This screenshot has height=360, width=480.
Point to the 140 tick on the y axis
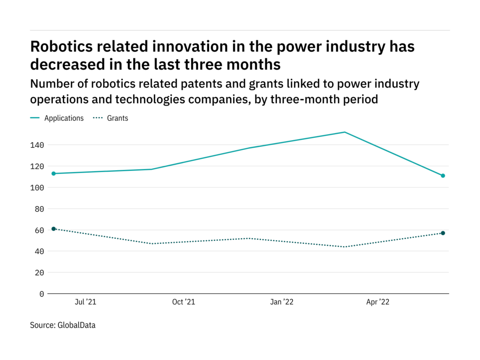(x=38, y=145)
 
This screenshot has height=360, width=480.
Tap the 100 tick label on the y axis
(x=38, y=187)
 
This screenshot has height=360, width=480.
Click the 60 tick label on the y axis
(x=40, y=230)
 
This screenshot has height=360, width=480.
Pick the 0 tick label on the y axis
(x=42, y=294)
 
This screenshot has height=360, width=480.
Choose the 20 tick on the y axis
(x=40, y=273)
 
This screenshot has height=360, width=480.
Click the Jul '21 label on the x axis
(x=85, y=302)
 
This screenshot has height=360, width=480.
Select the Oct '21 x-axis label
(x=183, y=302)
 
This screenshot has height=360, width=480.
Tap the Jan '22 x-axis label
(x=282, y=302)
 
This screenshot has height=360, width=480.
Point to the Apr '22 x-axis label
(x=378, y=302)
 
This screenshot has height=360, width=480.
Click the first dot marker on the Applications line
(x=54, y=174)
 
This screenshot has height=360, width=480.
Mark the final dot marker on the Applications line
(x=443, y=176)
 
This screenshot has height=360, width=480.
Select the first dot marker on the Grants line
(x=54, y=229)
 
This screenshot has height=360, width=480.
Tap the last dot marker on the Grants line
(x=443, y=233)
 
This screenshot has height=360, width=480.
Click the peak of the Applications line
(x=345, y=132)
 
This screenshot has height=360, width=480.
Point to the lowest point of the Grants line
(x=345, y=247)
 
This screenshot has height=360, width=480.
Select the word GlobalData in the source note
(x=76, y=325)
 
